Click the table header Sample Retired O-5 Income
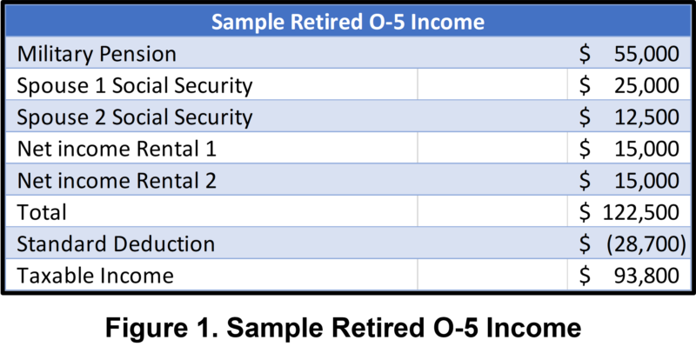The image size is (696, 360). pyautogui.click(x=347, y=21)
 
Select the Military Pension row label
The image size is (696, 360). pyautogui.click(x=97, y=54)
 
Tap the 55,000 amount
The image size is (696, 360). pyautogui.click(x=646, y=54)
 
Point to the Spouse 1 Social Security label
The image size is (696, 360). pyautogui.click(x=135, y=86)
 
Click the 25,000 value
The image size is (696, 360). pyautogui.click(x=646, y=86)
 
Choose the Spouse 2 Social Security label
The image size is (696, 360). pyautogui.click(x=135, y=117)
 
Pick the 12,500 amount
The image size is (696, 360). pyautogui.click(x=646, y=117)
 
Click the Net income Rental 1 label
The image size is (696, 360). pyautogui.click(x=117, y=150)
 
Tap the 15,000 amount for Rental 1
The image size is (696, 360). pyautogui.click(x=646, y=150)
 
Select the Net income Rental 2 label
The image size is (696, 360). pyautogui.click(x=117, y=181)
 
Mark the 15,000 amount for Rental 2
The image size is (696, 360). pyautogui.click(x=646, y=181)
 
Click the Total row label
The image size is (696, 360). pyautogui.click(x=42, y=213)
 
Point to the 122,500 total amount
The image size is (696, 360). pyautogui.click(x=641, y=213)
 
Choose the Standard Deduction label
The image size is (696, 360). pyautogui.click(x=116, y=244)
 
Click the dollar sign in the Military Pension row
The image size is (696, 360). pyautogui.click(x=585, y=54)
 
